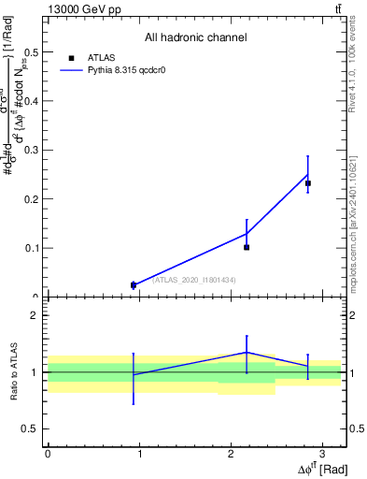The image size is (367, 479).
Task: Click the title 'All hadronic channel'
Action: point(195,37)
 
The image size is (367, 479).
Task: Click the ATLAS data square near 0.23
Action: point(308,183)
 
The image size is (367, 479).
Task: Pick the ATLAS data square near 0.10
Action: point(247,247)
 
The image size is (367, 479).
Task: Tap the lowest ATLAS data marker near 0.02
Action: point(134,285)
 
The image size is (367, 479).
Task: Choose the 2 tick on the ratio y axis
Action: point(38,315)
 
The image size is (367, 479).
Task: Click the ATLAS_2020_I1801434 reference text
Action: point(193,280)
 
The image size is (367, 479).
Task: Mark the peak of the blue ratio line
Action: point(247,352)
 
